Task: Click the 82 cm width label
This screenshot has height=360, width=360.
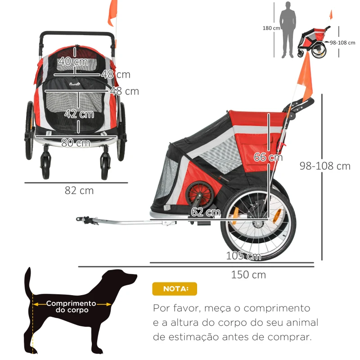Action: (79, 190)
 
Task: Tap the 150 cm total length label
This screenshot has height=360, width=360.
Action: (248, 274)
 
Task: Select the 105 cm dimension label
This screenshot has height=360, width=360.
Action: (244, 256)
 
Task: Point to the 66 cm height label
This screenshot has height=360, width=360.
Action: (268, 157)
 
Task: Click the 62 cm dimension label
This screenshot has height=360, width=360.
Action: (205, 212)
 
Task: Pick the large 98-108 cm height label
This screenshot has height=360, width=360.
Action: (325, 166)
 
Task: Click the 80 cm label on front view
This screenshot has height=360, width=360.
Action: (76, 143)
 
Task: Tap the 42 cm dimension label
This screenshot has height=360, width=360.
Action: (79, 114)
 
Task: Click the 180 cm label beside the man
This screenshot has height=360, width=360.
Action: (271, 28)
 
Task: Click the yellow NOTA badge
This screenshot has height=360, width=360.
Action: (175, 289)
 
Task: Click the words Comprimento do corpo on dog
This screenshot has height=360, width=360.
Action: (71, 306)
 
